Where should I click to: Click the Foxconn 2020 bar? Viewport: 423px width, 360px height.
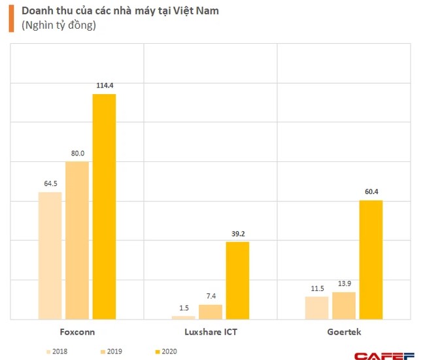click(x=104, y=206)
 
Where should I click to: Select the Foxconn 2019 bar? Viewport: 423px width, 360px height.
click(x=77, y=240)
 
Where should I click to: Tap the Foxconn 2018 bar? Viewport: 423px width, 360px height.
click(x=50, y=255)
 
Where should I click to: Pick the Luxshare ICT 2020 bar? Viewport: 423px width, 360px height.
click(x=237, y=280)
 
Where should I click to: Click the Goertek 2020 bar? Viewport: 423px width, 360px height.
click(x=371, y=259)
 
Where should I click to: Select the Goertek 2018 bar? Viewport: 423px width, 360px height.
click(x=316, y=308)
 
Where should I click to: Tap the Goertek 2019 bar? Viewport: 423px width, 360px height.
click(x=344, y=305)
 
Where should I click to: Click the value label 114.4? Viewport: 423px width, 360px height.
click(x=104, y=84)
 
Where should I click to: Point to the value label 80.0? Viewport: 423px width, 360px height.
click(x=77, y=152)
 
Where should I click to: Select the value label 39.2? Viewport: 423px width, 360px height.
click(x=237, y=233)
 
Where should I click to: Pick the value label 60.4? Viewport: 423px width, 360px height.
click(x=371, y=191)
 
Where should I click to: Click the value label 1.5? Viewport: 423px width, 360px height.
click(x=184, y=307)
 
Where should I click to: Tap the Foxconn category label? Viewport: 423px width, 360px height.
click(x=77, y=332)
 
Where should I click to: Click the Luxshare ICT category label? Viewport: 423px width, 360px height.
click(x=211, y=332)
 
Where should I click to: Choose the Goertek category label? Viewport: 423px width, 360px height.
click(x=344, y=332)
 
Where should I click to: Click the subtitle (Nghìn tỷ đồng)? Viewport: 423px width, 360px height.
click(x=59, y=25)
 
